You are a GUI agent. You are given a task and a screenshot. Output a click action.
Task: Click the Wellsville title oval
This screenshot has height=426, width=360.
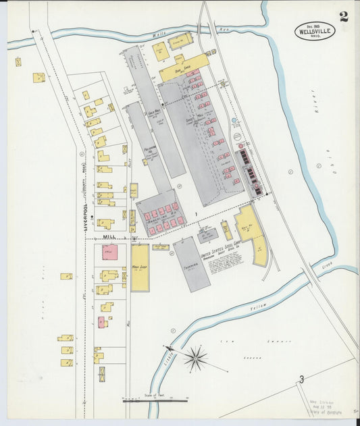tap(314, 30)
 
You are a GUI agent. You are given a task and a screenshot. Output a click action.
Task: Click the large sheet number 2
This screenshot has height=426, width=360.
tap(344, 17)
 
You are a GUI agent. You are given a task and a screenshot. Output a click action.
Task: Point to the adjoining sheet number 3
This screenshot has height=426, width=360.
tap(303, 379)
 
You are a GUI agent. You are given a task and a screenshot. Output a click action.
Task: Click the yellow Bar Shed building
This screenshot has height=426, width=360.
tap(180, 70)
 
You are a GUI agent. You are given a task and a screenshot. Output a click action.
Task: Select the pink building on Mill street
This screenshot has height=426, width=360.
tap(109, 252)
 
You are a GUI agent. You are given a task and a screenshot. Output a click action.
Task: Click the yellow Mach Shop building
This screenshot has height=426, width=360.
tap(140, 267)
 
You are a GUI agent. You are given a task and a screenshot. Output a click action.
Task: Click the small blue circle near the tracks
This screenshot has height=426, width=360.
tap(234, 120)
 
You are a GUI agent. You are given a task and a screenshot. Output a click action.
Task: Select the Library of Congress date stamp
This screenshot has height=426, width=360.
tap(330, 407)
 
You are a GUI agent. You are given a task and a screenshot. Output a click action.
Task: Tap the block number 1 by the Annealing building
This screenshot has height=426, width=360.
tap(196, 214)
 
